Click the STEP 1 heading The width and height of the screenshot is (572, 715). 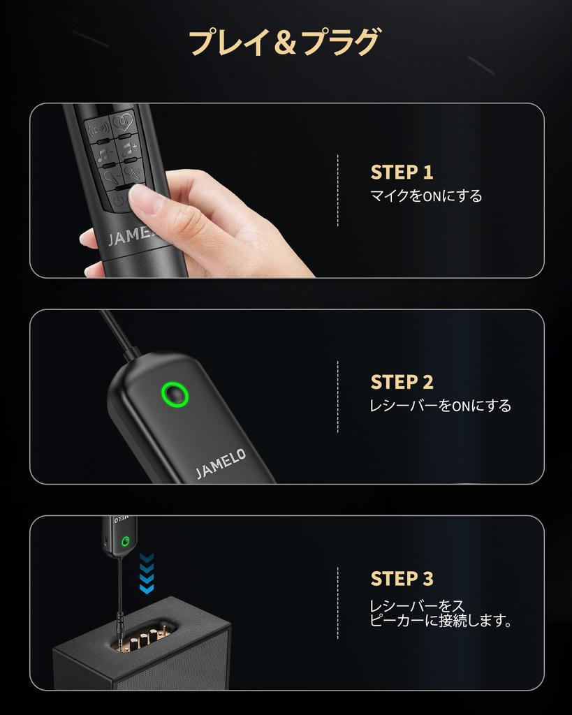[402, 172]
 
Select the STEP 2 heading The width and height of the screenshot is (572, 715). [402, 382]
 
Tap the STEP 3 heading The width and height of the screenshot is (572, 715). [402, 579]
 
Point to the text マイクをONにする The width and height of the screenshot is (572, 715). [426, 196]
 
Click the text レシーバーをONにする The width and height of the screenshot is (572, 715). [440, 406]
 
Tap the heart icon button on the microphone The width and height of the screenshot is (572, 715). [124, 123]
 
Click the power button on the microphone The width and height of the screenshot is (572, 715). [119, 201]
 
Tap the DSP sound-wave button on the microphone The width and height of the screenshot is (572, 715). [98, 130]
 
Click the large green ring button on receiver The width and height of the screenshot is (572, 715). [175, 394]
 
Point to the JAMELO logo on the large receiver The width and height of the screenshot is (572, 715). [221, 464]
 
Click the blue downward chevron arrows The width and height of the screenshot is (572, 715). [147, 573]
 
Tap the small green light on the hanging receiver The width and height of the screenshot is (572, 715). [125, 541]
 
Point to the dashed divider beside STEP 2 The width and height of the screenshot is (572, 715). [337, 397]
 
